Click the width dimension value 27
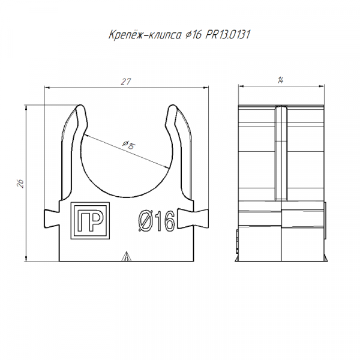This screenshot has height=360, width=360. tap(126, 82)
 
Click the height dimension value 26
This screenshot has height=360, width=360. tap(20, 184)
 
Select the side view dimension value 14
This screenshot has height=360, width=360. tap(281, 80)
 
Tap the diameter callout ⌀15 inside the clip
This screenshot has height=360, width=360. tap(129, 145)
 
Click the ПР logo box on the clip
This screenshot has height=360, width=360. tap(90, 221)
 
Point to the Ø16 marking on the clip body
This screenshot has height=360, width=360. tap(157, 221)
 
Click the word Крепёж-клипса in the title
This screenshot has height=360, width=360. tap(145, 35)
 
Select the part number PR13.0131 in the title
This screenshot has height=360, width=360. tap(227, 35)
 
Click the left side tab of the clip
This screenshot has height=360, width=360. tap(52, 219)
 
